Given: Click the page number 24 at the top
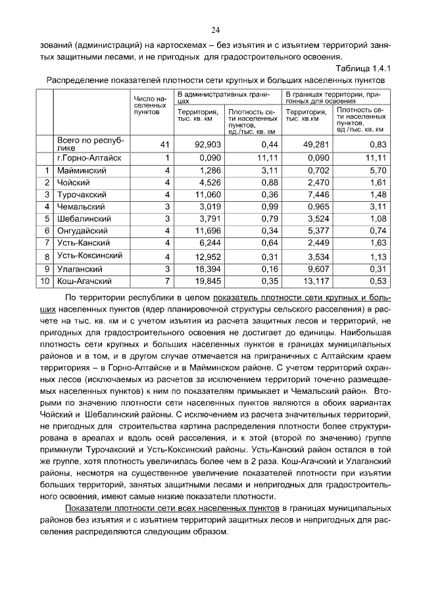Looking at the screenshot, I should click(215, 30).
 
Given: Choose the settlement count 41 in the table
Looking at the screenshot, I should click(164, 144).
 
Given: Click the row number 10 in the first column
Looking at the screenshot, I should click(45, 281).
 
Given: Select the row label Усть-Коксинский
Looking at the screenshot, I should click(89, 256).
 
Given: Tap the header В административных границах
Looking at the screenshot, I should click(224, 99).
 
